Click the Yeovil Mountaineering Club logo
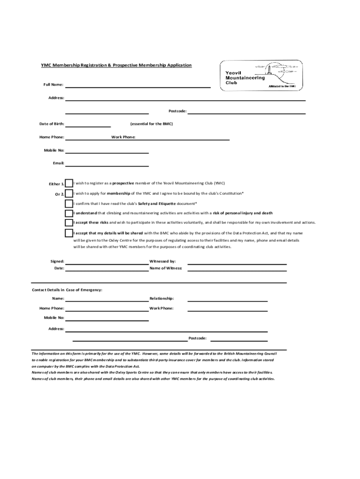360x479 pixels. pos(261,75)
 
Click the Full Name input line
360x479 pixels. pos(138,87)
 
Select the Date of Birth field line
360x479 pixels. pos(88,126)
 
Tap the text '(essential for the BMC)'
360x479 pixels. pos(151,124)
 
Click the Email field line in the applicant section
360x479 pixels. pos(107,165)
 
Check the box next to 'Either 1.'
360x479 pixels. pos(69,183)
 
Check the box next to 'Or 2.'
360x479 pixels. pos(69,194)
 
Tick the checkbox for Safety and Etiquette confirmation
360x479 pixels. pos(69,203)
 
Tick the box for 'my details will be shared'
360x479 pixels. pos(69,233)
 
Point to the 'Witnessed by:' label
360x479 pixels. pos(162,261)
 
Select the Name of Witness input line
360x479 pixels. pos(237,270)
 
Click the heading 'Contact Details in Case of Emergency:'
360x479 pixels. pos(67,290)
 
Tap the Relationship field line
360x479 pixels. pos(227,301)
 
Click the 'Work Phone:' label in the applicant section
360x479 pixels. pos(123,137)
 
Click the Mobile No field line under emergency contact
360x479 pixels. pos(107,320)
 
